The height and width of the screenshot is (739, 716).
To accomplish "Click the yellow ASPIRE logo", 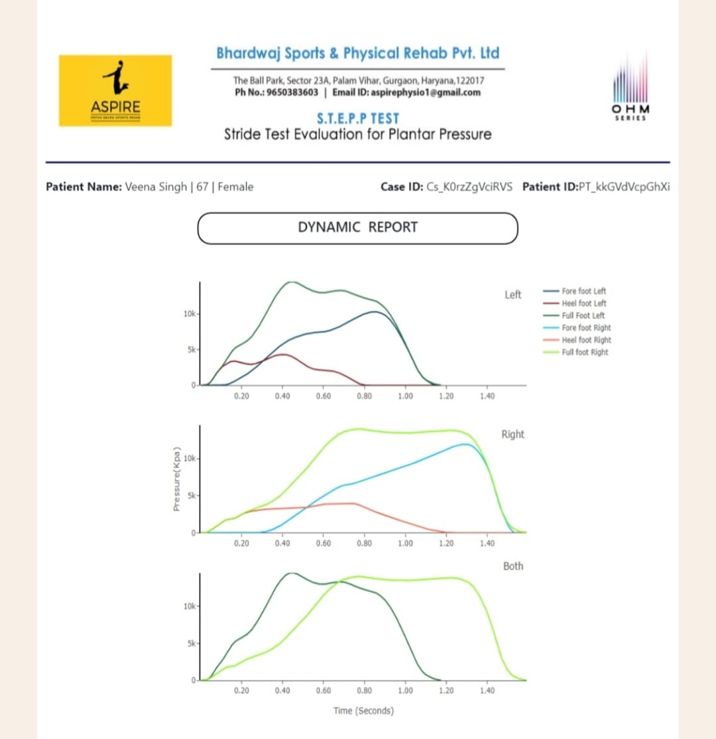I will click(115, 90).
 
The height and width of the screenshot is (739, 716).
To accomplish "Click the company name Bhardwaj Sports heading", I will click(358, 53).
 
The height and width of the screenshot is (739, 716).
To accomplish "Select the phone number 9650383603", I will click(292, 92).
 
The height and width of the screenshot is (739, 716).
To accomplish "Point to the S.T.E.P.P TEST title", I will click(357, 119).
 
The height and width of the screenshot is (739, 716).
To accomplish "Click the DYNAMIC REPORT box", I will click(357, 227).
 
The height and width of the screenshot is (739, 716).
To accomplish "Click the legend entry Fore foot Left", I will click(583, 291).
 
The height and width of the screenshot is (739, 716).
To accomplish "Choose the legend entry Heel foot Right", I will click(586, 340).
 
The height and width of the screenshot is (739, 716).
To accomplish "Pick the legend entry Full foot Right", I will click(585, 352).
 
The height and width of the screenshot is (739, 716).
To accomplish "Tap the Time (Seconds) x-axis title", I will click(363, 711).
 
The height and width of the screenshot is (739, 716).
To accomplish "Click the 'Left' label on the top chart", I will click(512, 295).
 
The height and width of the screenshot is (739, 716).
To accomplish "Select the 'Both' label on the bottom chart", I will click(512, 566).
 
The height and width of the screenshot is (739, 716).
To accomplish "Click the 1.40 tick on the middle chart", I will click(487, 543).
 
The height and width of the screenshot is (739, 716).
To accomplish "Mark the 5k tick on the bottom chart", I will click(190, 644).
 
